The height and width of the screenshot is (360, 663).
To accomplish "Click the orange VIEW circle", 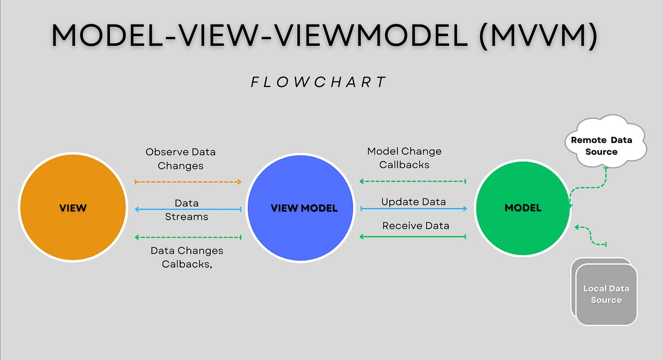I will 73,208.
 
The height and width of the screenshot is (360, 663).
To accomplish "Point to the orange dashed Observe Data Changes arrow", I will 188,182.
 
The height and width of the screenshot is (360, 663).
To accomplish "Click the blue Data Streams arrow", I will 188,210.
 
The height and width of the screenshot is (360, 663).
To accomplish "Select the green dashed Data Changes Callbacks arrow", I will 188,237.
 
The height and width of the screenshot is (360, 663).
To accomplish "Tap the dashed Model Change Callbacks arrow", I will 413,181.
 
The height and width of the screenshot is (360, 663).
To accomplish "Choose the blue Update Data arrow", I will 414,209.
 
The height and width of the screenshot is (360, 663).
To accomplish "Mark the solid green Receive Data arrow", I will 413,237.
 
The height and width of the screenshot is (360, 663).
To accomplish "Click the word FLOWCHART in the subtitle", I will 319,82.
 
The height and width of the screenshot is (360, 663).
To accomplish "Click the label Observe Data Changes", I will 181,159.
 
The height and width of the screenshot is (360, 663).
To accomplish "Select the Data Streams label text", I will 186,210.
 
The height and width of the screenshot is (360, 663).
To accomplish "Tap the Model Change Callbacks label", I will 404,158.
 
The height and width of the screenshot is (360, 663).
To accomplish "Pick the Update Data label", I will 414,202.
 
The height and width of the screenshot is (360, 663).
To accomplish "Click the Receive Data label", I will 415,226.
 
